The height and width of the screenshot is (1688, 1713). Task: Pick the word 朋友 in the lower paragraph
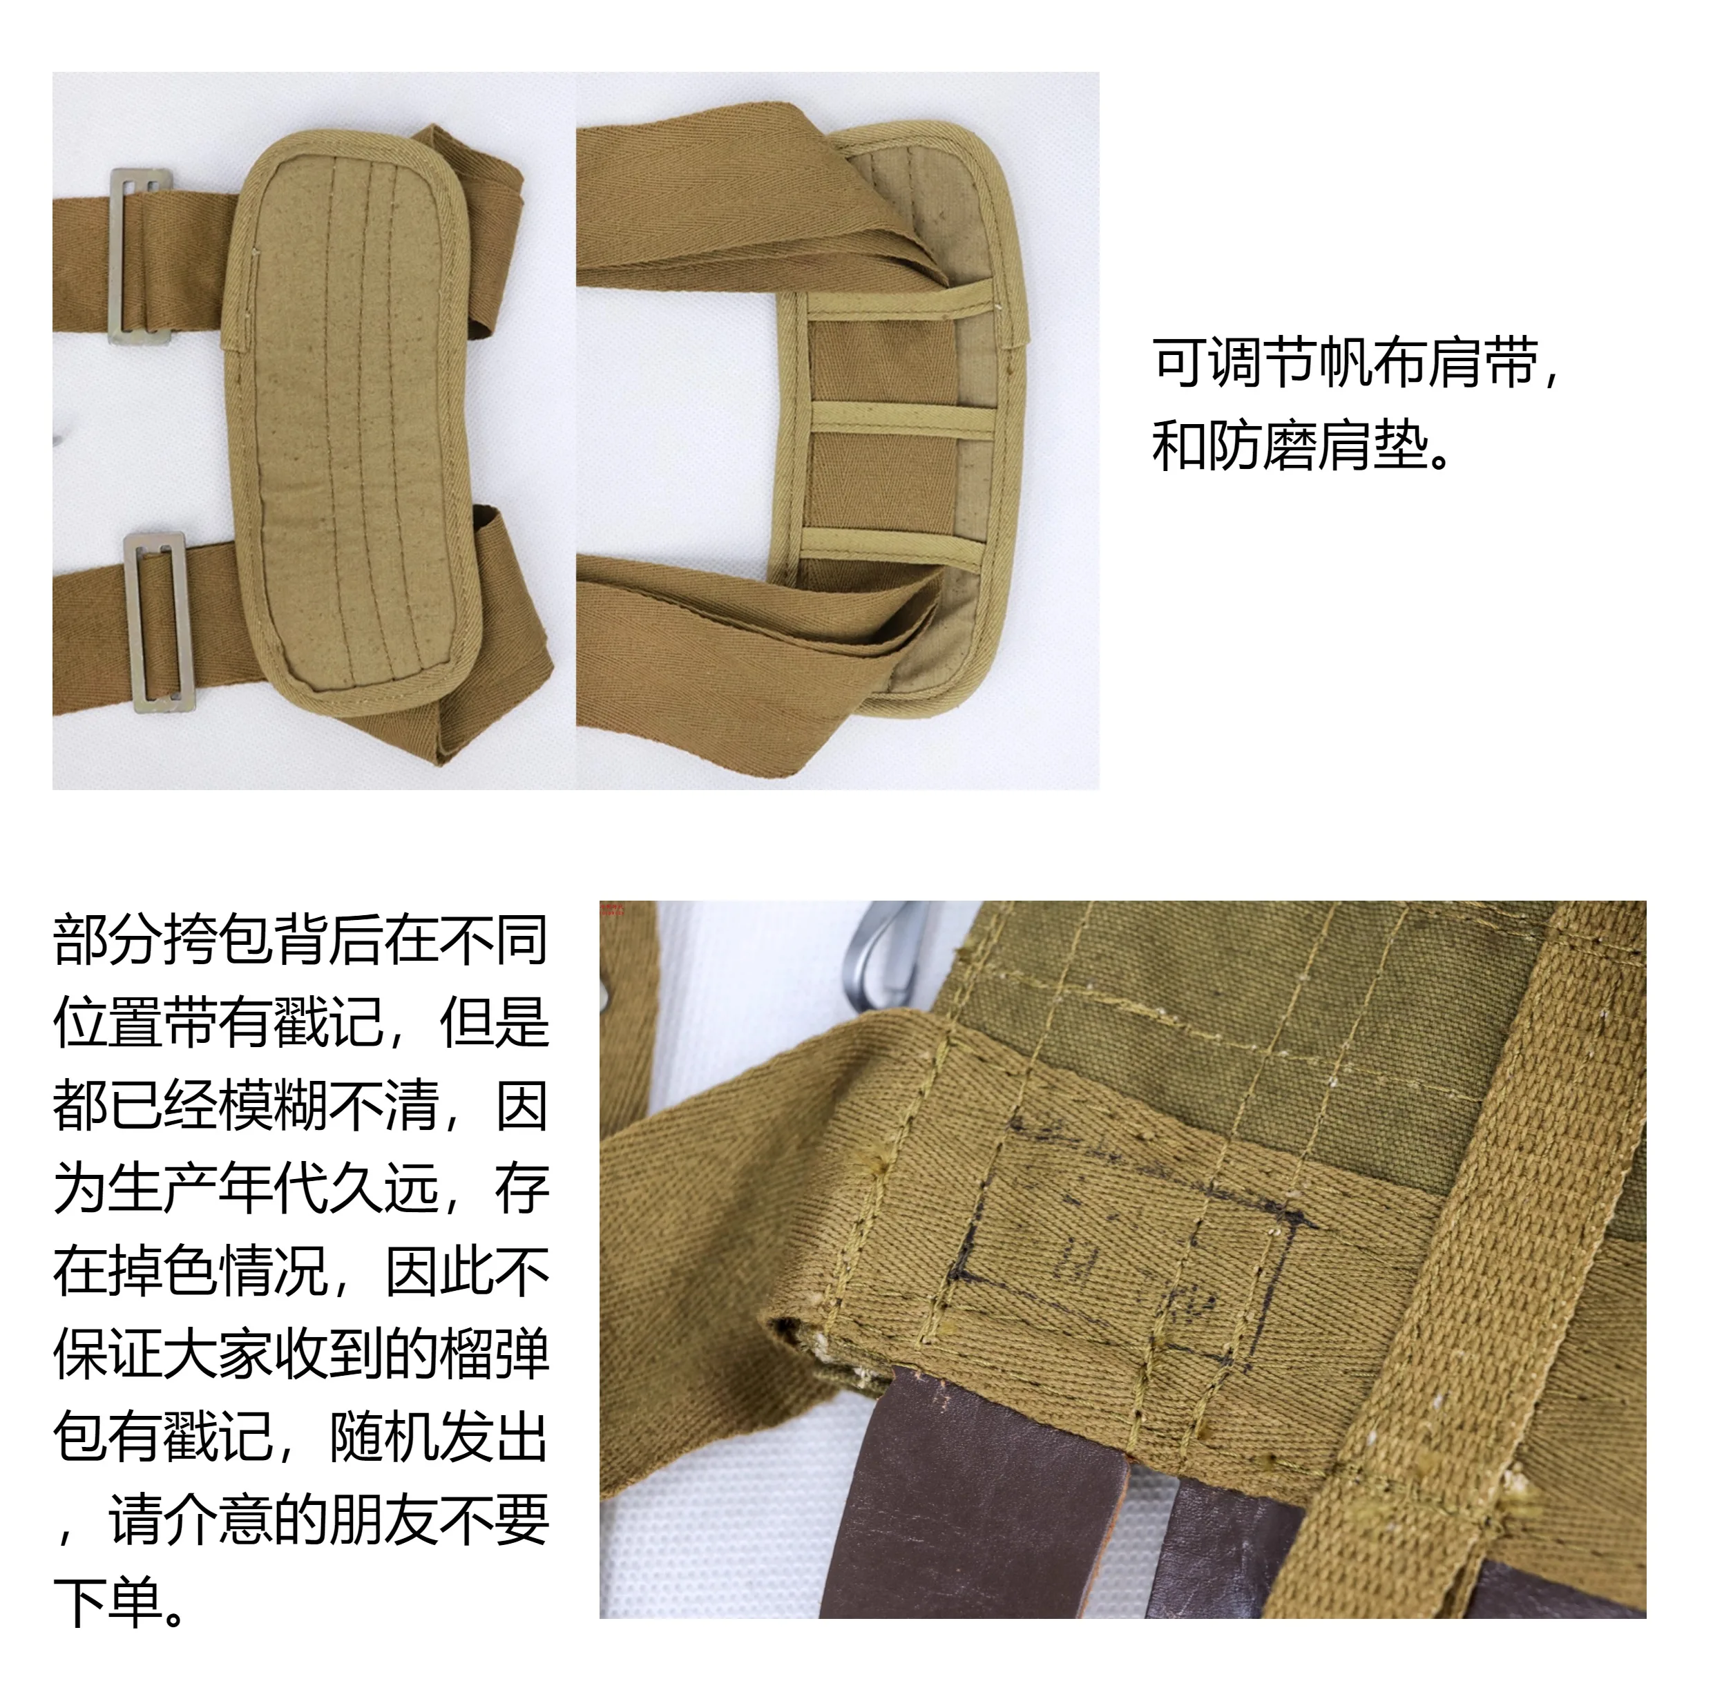(x=384, y=1520)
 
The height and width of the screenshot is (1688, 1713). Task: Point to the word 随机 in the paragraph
(x=384, y=1437)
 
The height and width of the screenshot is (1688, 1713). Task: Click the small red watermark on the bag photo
(x=613, y=909)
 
